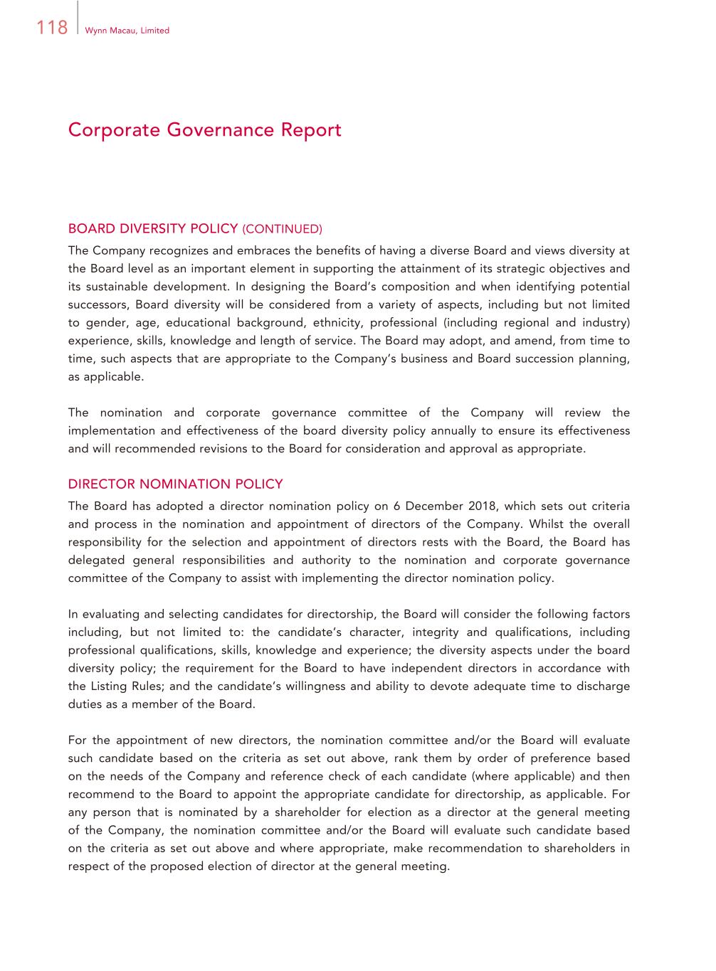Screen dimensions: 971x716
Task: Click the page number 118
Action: tap(51, 28)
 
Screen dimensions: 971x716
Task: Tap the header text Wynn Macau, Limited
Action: tap(127, 31)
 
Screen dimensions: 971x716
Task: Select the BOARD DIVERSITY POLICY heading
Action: tap(152, 228)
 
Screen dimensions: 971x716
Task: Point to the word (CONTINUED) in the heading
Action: tap(283, 229)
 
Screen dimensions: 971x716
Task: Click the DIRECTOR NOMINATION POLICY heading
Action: tap(175, 484)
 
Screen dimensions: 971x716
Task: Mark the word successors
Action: tap(97, 304)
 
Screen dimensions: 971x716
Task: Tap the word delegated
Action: tap(95, 560)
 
